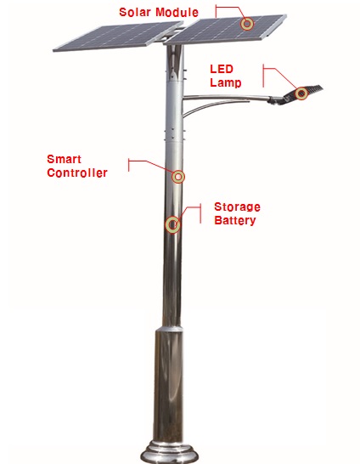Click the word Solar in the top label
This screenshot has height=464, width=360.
135,12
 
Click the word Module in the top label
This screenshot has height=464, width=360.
177,12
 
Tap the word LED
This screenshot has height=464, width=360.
222,69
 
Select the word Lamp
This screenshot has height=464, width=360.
226,82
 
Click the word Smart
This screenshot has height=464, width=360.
64,159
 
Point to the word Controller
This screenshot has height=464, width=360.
77,173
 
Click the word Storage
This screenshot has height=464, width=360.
237,207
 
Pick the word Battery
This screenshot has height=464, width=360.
234,220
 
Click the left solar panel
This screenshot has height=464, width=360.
118,37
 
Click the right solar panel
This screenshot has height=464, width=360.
225,30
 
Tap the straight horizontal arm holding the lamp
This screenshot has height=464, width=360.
226,97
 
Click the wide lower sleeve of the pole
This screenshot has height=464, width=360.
168,386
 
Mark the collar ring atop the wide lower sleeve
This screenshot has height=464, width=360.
169,329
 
